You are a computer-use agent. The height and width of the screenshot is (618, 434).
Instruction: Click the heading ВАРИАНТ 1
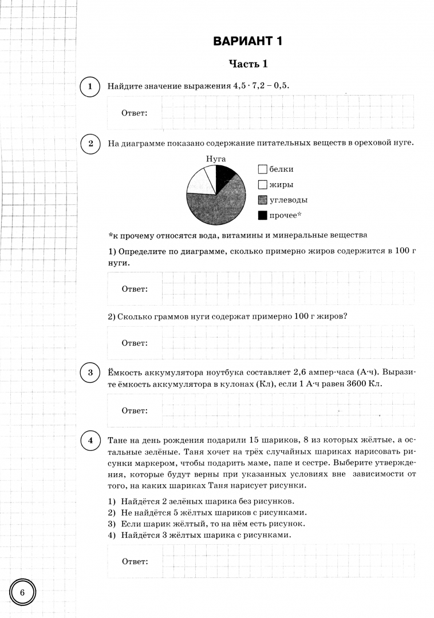(248, 41)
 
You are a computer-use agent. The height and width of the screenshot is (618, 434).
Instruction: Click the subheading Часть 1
(248, 64)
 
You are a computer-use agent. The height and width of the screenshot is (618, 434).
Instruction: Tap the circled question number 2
(90, 143)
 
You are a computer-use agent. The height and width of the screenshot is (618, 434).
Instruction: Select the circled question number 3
(90, 373)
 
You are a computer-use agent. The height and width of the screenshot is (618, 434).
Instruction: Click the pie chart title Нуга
(215, 158)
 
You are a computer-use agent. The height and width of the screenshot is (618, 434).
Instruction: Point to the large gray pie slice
(220, 206)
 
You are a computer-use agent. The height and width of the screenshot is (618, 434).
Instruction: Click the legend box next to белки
(263, 169)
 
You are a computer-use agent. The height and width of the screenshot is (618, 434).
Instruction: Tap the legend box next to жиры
(263, 185)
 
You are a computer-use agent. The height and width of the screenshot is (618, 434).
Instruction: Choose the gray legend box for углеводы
(263, 200)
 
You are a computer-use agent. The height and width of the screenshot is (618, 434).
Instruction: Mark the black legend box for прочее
(263, 215)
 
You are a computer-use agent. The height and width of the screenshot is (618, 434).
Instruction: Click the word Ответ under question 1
(135, 113)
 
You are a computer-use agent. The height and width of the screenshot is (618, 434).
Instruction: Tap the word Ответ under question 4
(135, 561)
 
